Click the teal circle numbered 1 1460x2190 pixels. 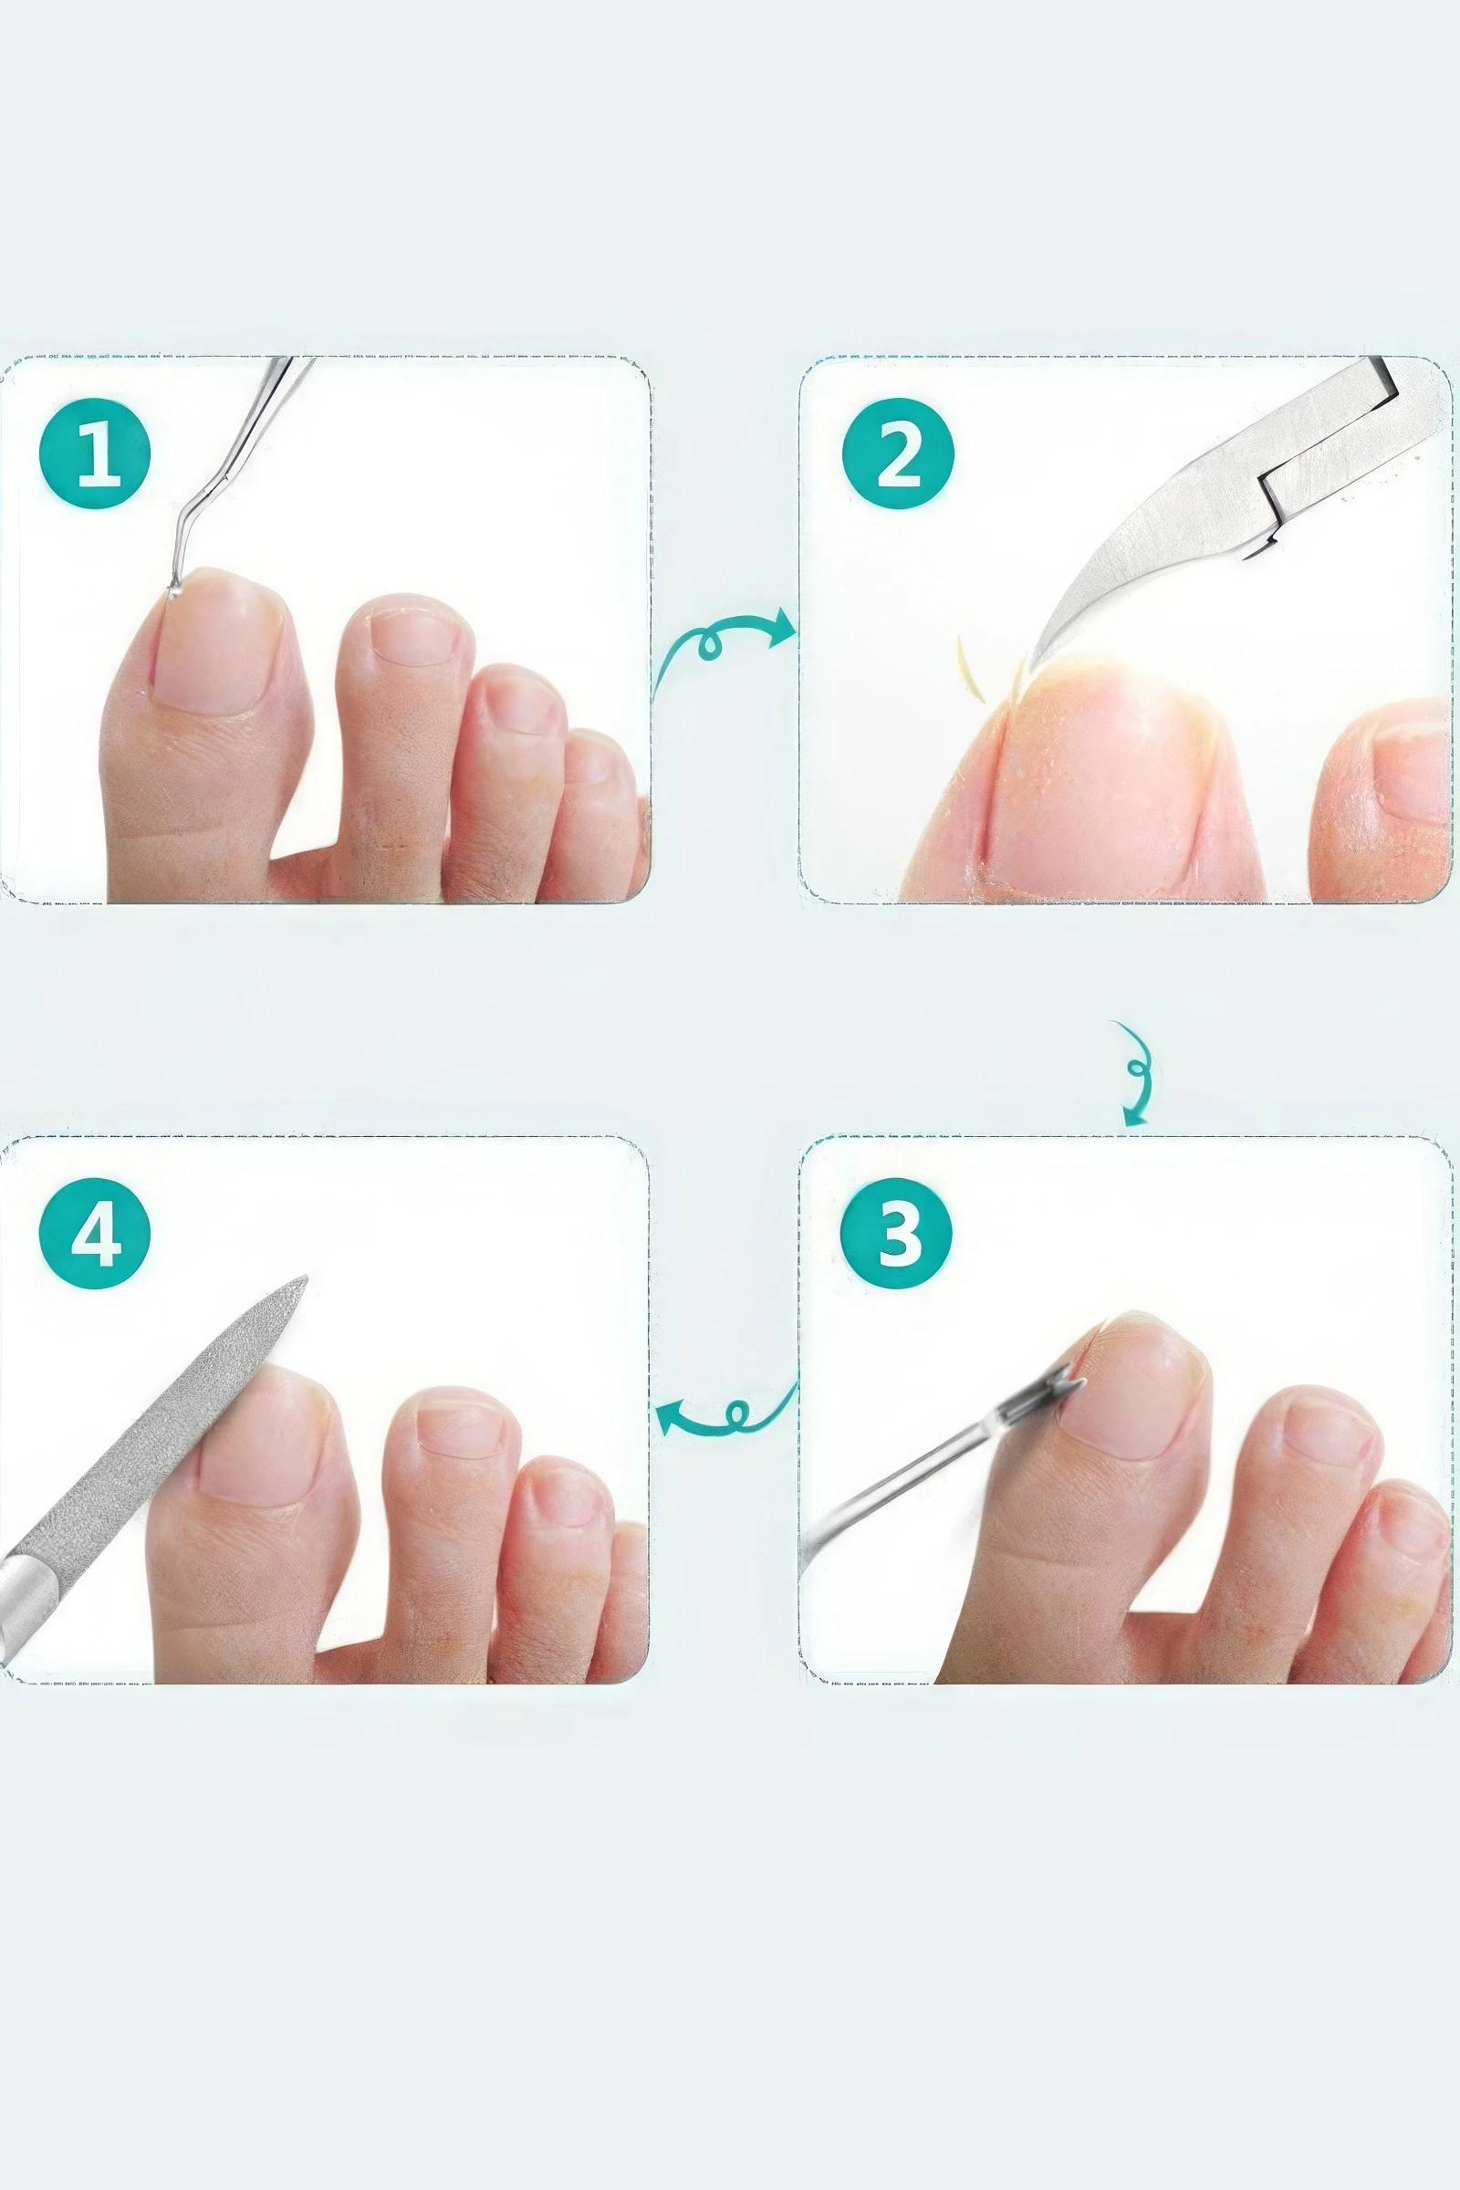coord(94,454)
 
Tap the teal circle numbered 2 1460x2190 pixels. coord(898,454)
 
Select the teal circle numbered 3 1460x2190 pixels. coord(896,1233)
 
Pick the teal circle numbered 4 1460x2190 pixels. coord(94,1233)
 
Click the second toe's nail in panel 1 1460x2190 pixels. coord(414,634)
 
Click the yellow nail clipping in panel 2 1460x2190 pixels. coord(970,669)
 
